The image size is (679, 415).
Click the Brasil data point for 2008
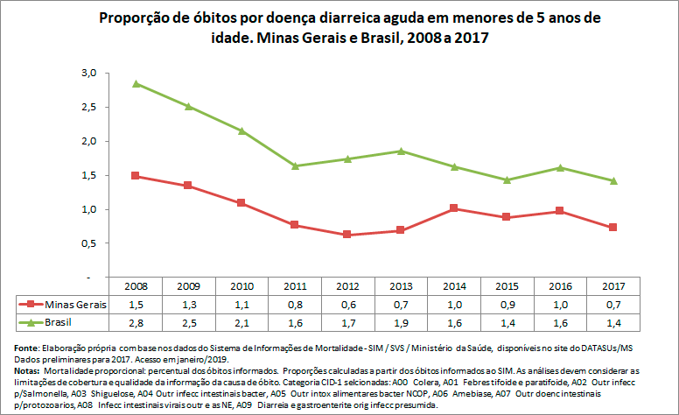point(136,83)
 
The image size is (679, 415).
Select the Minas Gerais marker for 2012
point(347,235)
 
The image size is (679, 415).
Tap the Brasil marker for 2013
point(401,151)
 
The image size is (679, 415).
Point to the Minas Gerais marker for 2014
point(454,208)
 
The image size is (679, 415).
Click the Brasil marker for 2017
point(614,181)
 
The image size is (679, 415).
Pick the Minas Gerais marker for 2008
point(136,175)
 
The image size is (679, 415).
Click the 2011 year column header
point(295,286)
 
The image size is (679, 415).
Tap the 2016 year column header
point(561,286)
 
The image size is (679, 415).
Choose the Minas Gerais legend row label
point(72,304)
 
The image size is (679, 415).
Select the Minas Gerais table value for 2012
point(347,304)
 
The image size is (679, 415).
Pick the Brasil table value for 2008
point(136,322)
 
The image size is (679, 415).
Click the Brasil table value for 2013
point(401,322)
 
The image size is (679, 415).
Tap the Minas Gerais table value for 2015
point(507,304)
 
